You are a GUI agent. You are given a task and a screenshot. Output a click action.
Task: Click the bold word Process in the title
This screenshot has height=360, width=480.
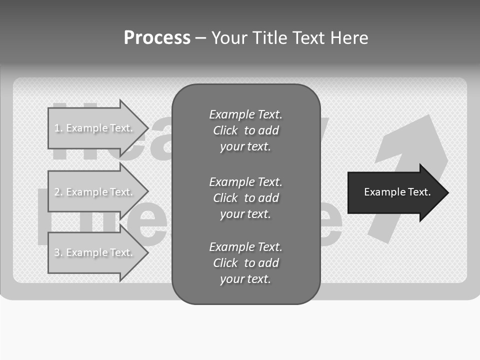click(x=157, y=38)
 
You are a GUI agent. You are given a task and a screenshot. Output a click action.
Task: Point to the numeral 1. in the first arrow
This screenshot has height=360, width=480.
click(x=58, y=128)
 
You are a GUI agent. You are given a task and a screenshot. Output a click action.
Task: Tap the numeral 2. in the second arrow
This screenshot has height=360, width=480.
click(x=58, y=192)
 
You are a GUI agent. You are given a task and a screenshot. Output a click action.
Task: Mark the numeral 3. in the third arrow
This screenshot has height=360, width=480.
click(x=58, y=253)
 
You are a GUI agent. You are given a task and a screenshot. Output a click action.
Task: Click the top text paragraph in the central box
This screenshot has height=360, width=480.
click(x=245, y=130)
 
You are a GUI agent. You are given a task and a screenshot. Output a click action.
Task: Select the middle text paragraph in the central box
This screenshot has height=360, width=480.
click(x=245, y=198)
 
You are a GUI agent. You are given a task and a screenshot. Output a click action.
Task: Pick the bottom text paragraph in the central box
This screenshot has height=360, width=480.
click(x=245, y=263)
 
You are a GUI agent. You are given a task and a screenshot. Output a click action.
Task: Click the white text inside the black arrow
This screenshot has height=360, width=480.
click(x=397, y=192)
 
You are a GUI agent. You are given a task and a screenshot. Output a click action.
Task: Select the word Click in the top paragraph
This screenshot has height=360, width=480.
click(x=225, y=131)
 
